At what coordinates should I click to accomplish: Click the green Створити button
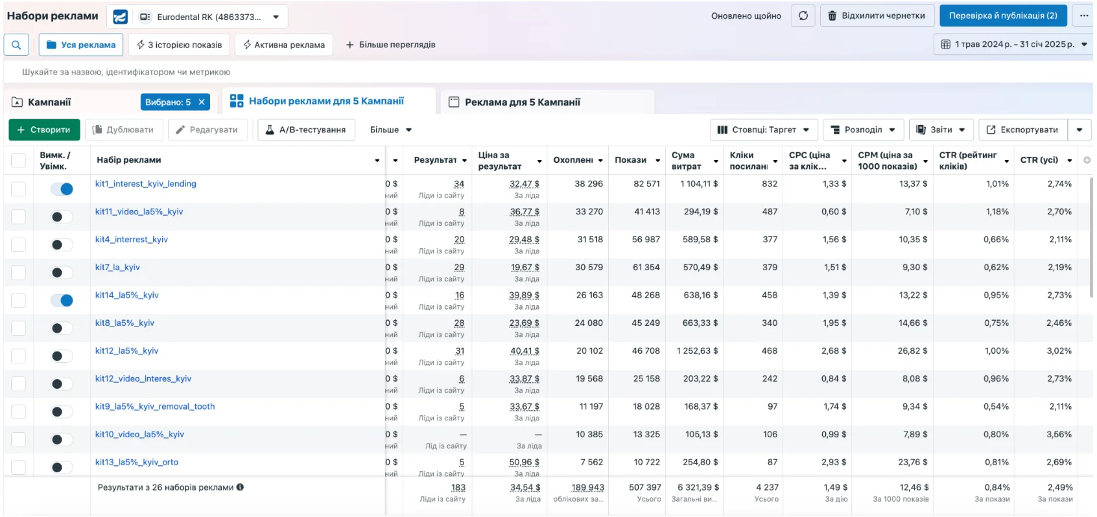pyautogui.click(x=44, y=130)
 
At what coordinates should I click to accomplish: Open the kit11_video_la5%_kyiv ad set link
pyautogui.click(x=139, y=212)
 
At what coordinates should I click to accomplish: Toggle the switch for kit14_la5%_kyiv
pyautogui.click(x=62, y=301)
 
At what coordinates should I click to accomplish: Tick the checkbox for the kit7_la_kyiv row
pyautogui.click(x=18, y=273)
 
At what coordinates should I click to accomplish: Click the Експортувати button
pyautogui.click(x=1022, y=130)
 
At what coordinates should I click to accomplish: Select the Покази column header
pyautogui.click(x=630, y=160)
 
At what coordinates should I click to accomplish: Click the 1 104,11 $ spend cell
pyautogui.click(x=699, y=184)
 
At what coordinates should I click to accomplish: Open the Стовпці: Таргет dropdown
pyautogui.click(x=763, y=130)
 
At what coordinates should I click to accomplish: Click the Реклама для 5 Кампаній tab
pyautogui.click(x=522, y=102)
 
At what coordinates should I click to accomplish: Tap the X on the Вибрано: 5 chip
pyautogui.click(x=202, y=102)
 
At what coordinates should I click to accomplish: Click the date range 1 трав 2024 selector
pyautogui.click(x=1013, y=45)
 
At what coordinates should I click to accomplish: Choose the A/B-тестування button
pyautogui.click(x=306, y=130)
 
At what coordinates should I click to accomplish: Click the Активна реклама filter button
pyautogui.click(x=284, y=45)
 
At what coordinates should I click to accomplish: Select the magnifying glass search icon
pyautogui.click(x=16, y=45)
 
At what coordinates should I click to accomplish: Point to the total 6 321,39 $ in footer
pyautogui.click(x=698, y=488)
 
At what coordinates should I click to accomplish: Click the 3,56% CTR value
pyautogui.click(x=1059, y=435)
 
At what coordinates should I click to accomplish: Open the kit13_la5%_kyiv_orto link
pyautogui.click(x=136, y=463)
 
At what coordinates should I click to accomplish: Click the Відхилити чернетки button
pyautogui.click(x=877, y=16)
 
